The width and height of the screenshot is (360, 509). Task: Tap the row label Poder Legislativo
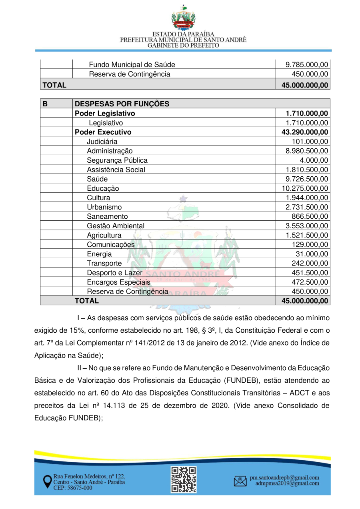pyautogui.click(x=105, y=114)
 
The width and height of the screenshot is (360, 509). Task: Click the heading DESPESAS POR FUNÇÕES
pyautogui.click(x=122, y=104)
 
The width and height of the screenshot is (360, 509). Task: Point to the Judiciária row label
pyautogui.click(x=102, y=142)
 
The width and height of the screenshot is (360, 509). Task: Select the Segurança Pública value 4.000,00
pyautogui.click(x=316, y=160)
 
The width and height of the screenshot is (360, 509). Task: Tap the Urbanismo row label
pyautogui.click(x=104, y=207)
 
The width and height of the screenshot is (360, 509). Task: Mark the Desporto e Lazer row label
pyautogui.click(x=114, y=273)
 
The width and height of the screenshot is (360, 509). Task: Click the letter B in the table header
pyautogui.click(x=45, y=104)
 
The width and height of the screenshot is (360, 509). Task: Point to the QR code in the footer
pyautogui.click(x=184, y=479)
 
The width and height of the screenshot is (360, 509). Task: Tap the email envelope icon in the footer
pyautogui.click(x=240, y=481)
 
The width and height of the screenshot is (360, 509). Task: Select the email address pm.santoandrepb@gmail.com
pyautogui.click(x=284, y=477)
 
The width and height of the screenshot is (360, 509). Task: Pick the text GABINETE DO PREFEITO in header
pyautogui.click(x=184, y=46)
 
